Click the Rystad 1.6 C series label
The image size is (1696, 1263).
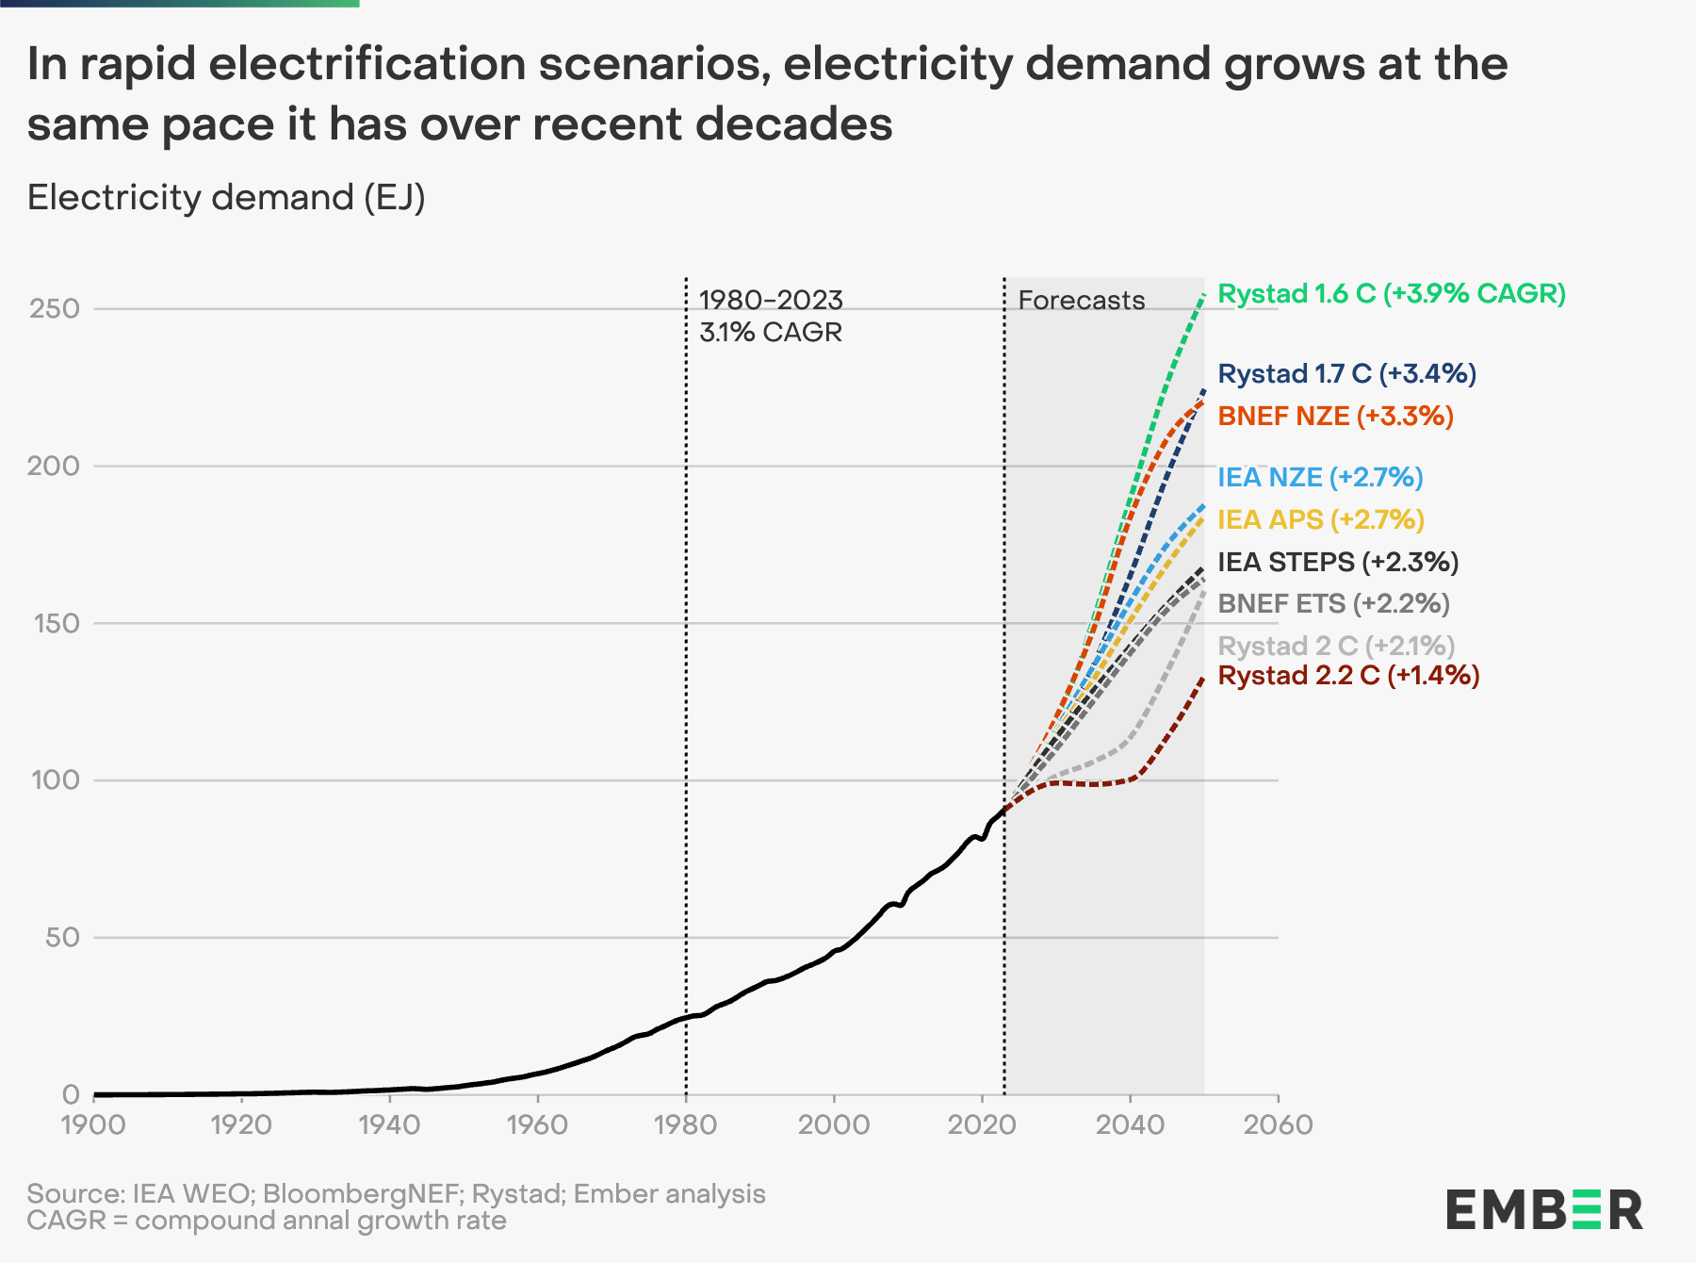point(1391,294)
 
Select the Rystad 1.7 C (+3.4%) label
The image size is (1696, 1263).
point(1346,374)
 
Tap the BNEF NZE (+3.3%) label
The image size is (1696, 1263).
point(1335,417)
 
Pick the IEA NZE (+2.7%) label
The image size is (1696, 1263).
point(1320,478)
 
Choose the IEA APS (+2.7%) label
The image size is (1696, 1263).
point(1320,520)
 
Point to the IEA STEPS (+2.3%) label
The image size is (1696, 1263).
point(1338,563)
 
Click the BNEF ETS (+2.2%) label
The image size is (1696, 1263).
point(1333,604)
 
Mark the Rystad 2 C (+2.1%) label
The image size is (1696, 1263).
point(1336,647)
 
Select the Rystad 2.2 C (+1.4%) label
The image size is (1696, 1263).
point(1348,676)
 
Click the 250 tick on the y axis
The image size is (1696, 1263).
point(55,309)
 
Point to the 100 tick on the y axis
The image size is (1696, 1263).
point(55,780)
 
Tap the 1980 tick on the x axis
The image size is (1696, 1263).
point(686,1124)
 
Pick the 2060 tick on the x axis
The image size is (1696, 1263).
point(1278,1124)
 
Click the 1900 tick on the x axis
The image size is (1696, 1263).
point(94,1124)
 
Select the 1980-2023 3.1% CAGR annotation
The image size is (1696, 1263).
point(771,317)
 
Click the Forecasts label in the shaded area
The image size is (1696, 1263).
point(1082,301)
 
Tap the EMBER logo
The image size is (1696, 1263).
point(1544,1210)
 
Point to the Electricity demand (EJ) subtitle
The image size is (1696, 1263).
point(226,198)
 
